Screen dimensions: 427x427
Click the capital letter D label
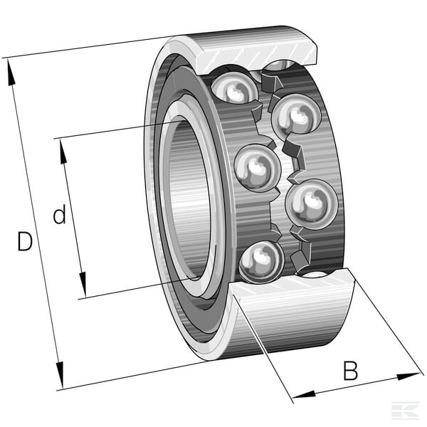click(25, 241)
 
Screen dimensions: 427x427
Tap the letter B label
click(350, 370)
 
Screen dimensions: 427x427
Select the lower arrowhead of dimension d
click(83, 284)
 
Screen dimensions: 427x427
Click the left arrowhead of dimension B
click(304, 394)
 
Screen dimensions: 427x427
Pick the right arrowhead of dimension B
click(408, 376)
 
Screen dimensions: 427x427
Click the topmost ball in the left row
click(235, 88)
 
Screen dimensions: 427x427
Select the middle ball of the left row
click(258, 168)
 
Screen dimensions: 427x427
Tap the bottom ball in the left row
click(261, 262)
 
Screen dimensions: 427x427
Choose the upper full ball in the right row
click(297, 115)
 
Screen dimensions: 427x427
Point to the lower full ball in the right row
click(312, 204)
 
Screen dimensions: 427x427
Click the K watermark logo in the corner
click(405, 410)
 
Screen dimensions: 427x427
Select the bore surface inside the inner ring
click(188, 199)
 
